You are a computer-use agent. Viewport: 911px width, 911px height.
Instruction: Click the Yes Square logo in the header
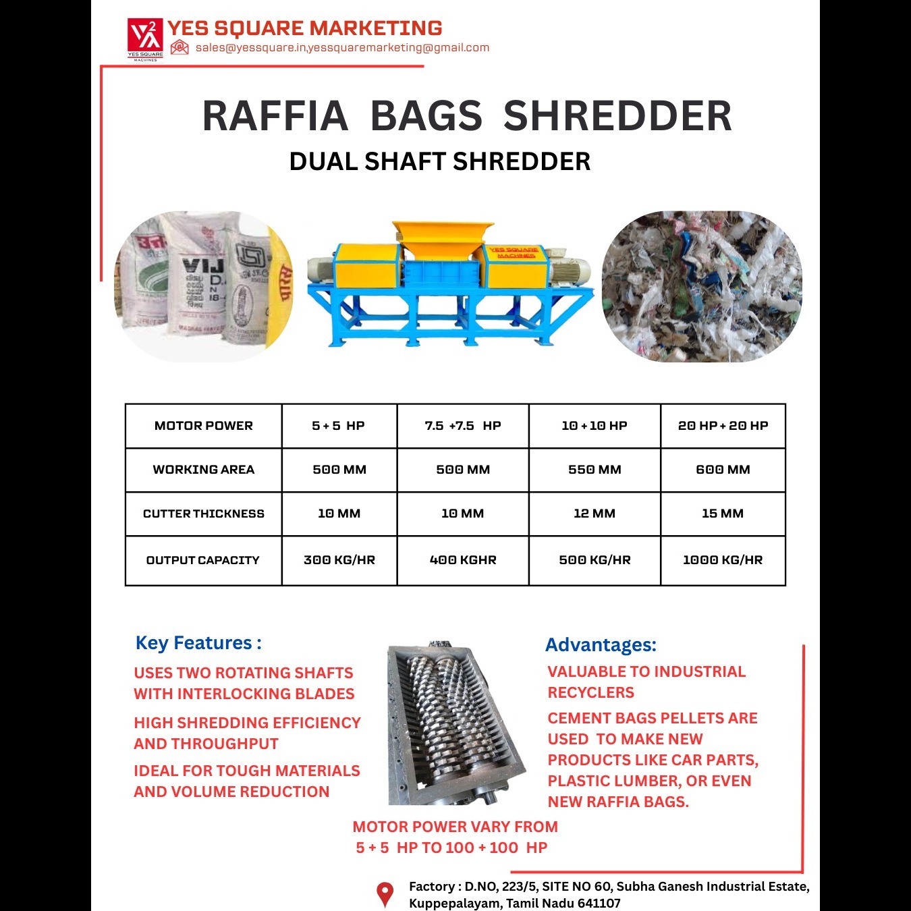(x=145, y=38)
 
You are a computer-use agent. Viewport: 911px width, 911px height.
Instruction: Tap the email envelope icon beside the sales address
(x=180, y=47)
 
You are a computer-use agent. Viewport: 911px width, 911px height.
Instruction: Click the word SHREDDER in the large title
(x=617, y=116)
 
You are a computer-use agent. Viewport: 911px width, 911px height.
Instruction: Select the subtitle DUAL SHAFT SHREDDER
(x=440, y=162)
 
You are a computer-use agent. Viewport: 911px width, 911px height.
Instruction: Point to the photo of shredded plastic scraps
(x=702, y=287)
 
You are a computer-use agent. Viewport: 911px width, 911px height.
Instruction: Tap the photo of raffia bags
(x=204, y=287)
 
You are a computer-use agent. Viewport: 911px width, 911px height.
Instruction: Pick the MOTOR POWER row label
(x=204, y=426)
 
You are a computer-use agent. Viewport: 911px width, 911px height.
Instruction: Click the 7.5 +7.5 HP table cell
(x=463, y=426)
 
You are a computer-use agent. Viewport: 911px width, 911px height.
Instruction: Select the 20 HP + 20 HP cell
(x=723, y=426)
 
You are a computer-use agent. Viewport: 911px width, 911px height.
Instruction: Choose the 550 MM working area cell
(x=595, y=470)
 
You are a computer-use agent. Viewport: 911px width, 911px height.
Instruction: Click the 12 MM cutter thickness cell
(x=595, y=514)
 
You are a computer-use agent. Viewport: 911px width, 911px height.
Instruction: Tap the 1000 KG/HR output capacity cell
(x=723, y=560)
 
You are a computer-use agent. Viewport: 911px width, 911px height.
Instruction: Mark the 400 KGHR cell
(x=463, y=560)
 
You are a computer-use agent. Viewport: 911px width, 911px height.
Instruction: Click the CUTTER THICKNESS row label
(x=204, y=514)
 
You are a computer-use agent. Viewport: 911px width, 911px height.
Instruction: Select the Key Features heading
(x=198, y=643)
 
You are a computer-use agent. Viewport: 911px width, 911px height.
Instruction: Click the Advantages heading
(x=601, y=645)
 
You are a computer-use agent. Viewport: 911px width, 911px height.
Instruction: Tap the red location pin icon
(x=385, y=894)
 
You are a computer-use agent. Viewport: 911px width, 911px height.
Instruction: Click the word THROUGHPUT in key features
(x=234, y=744)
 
